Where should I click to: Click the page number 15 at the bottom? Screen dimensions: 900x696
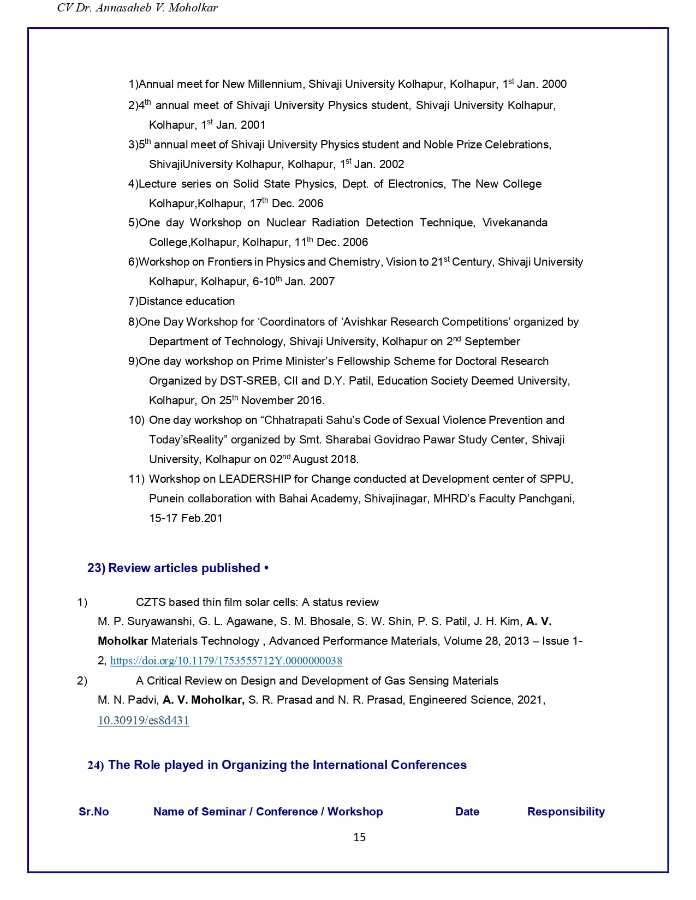click(359, 837)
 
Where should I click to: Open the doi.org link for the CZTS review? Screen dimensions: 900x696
click(226, 661)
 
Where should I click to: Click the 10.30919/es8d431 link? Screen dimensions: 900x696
click(144, 720)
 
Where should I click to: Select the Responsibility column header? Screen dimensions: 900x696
click(566, 812)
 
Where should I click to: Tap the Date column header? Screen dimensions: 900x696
click(467, 812)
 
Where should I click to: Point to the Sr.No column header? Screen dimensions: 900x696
click(93, 812)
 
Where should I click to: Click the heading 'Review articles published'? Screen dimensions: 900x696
click(184, 568)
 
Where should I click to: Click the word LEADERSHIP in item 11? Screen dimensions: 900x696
click(255, 479)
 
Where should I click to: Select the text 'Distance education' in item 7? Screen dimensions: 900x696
click(187, 301)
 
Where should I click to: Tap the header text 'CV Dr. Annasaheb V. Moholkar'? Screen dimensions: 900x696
click(137, 8)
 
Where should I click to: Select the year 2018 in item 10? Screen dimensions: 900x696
click(344, 459)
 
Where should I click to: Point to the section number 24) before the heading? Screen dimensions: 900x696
click(96, 765)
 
